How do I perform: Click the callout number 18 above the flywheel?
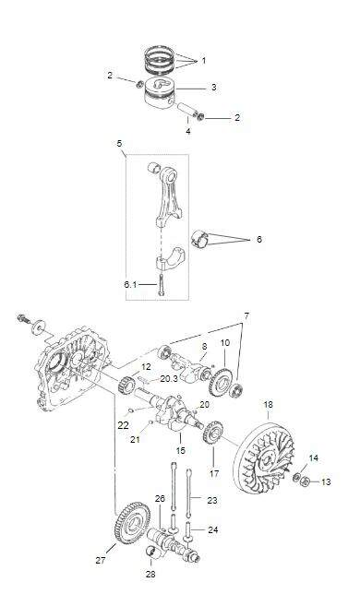(268, 405)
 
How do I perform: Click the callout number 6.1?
(131, 284)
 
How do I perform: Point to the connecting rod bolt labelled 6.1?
(162, 287)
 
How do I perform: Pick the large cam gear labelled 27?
(132, 522)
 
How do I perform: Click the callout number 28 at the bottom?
(150, 575)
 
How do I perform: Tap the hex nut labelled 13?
(305, 482)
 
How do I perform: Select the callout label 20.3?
(169, 378)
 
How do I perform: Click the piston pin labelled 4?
(188, 109)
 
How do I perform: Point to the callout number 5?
(120, 143)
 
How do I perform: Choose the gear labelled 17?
(212, 433)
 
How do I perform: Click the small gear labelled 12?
(127, 384)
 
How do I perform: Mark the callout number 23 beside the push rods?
(212, 501)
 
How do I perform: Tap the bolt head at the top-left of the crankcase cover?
(23, 318)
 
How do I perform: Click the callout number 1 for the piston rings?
(204, 60)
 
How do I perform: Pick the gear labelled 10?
(221, 382)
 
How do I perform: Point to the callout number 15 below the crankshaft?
(181, 450)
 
